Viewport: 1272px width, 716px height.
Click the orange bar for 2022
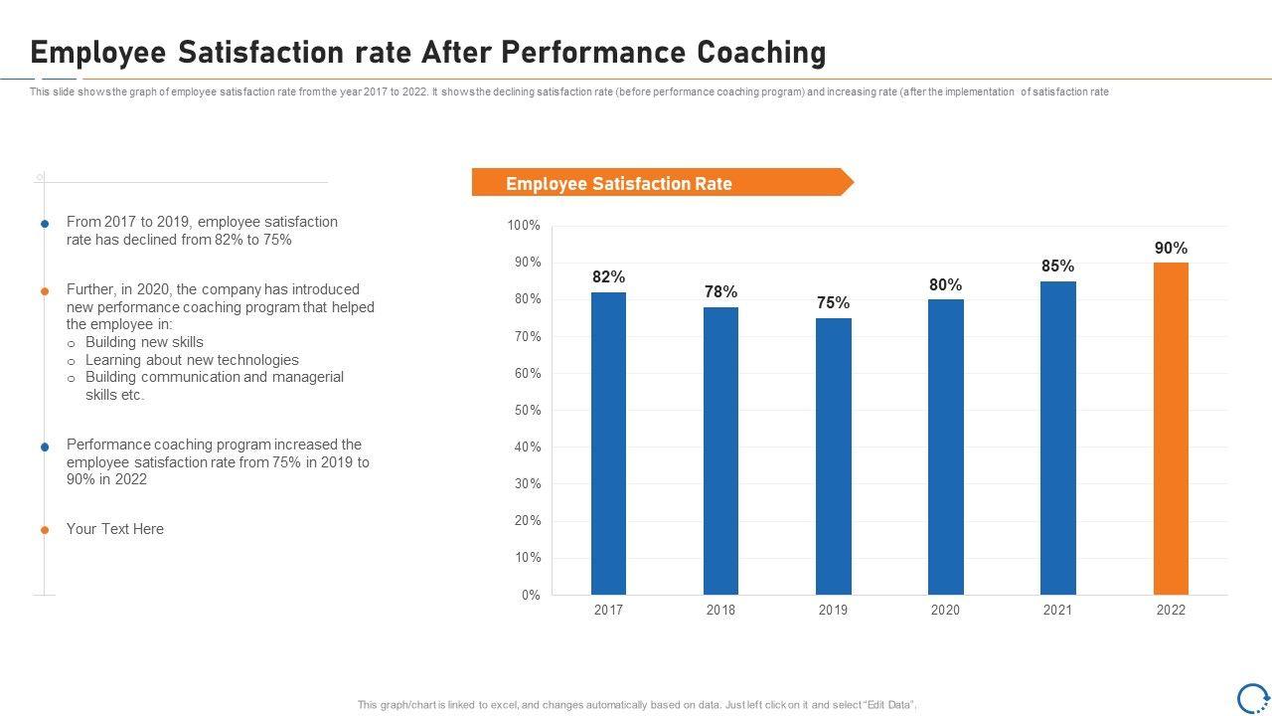[1171, 428]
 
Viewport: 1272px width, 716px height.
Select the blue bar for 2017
[608, 443]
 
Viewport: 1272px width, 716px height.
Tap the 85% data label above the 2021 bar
[1057, 266]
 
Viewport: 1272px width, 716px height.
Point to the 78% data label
[720, 291]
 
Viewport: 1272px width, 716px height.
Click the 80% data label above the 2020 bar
[945, 284]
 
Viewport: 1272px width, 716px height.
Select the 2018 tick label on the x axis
[720, 610]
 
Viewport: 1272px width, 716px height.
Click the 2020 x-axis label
[945, 610]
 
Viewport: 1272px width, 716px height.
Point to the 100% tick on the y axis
[524, 226]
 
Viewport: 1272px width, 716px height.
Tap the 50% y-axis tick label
[527, 410]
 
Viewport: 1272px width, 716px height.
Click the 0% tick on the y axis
[531, 595]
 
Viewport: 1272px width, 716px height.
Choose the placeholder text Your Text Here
[115, 529]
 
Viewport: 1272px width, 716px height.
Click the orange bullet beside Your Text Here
[45, 530]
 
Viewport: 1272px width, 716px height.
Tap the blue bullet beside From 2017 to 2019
[45, 224]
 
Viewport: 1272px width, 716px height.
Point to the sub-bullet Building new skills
[144, 342]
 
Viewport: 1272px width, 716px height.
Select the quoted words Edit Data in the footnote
[889, 705]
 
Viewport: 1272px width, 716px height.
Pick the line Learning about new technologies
[192, 360]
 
